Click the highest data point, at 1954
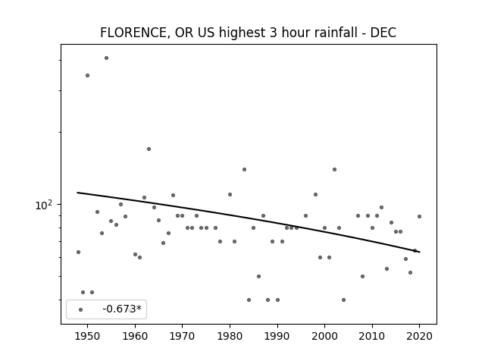coord(106,58)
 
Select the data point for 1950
coord(88,75)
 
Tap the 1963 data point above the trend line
coord(149,149)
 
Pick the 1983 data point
coord(244,169)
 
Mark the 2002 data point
coord(334,169)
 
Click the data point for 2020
coord(419,216)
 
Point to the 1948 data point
coord(78,252)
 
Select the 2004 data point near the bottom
coord(343,300)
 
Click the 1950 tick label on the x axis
coord(88,336)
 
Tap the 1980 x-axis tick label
coord(230,336)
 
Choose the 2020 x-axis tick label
coord(419,336)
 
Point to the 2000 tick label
coord(325,336)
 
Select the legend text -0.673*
coord(122,309)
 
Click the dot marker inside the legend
coord(80,309)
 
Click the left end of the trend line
coord(77,193)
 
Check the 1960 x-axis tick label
coord(135,336)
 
